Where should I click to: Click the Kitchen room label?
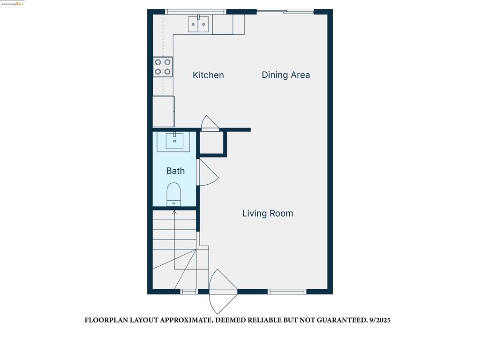[x=208, y=75]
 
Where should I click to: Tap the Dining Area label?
[x=285, y=75]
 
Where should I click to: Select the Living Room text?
[x=268, y=213]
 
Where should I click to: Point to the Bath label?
[x=175, y=171]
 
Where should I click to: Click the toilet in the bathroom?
[x=174, y=194]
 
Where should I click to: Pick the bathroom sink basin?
[x=174, y=141]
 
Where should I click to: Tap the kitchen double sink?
[x=198, y=24]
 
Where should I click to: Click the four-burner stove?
[x=163, y=67]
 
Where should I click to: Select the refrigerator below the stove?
[x=164, y=111]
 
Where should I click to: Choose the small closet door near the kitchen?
[x=210, y=123]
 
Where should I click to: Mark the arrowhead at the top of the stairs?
[x=174, y=212]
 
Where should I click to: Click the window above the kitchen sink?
[x=195, y=11]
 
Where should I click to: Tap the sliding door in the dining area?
[x=285, y=11]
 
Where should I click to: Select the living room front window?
[x=287, y=292]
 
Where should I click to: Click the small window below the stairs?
[x=189, y=292]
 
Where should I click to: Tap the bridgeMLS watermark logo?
[x=12, y=4]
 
